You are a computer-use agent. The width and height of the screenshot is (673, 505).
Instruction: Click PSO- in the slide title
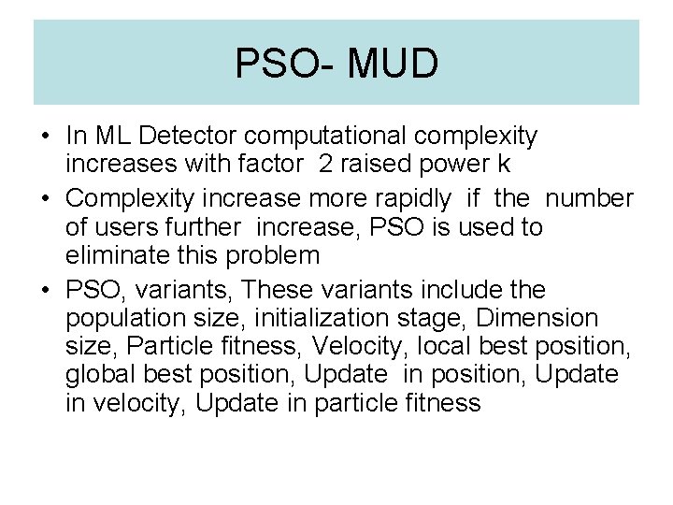point(279,64)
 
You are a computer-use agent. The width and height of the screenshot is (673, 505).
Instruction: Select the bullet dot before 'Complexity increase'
point(45,199)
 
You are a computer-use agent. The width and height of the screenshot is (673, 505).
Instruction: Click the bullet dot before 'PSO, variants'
point(45,290)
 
